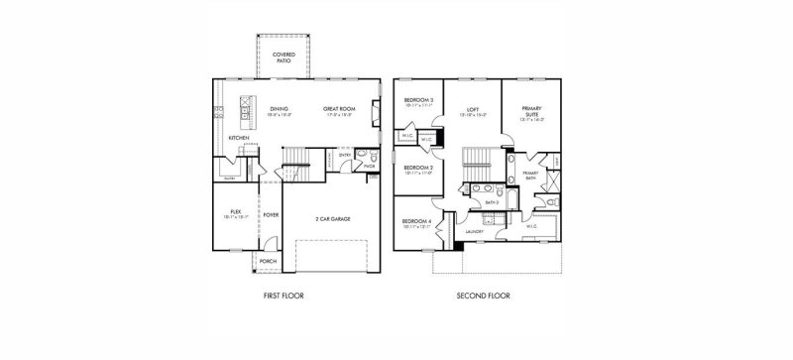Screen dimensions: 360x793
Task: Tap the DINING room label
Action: [281, 108]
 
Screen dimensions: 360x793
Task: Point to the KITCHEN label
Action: [239, 137]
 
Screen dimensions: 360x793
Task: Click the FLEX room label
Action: [236, 210]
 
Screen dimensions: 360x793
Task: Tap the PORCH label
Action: [268, 262]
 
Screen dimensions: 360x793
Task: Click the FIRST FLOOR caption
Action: [284, 296]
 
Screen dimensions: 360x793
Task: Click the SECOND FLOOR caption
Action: [482, 296]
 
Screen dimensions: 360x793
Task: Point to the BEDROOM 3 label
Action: [417, 101]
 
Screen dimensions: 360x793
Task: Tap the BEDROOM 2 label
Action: [417, 170]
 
